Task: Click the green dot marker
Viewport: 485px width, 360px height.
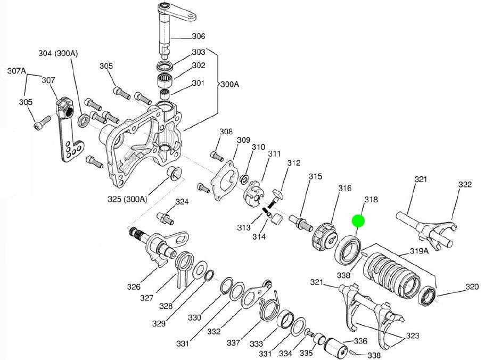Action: pyautogui.click(x=358, y=220)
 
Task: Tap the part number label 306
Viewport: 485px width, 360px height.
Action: pyautogui.click(x=198, y=36)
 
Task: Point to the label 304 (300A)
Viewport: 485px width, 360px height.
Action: pyautogui.click(x=58, y=53)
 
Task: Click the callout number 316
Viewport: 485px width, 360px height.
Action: pyautogui.click(x=344, y=188)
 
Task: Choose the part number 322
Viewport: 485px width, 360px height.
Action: pyautogui.click(x=465, y=185)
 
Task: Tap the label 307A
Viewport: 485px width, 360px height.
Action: pyautogui.click(x=17, y=70)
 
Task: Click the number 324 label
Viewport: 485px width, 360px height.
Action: pyautogui.click(x=182, y=202)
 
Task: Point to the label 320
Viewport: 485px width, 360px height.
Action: pyautogui.click(x=472, y=287)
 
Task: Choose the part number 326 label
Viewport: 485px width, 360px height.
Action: pyautogui.click(x=134, y=287)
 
